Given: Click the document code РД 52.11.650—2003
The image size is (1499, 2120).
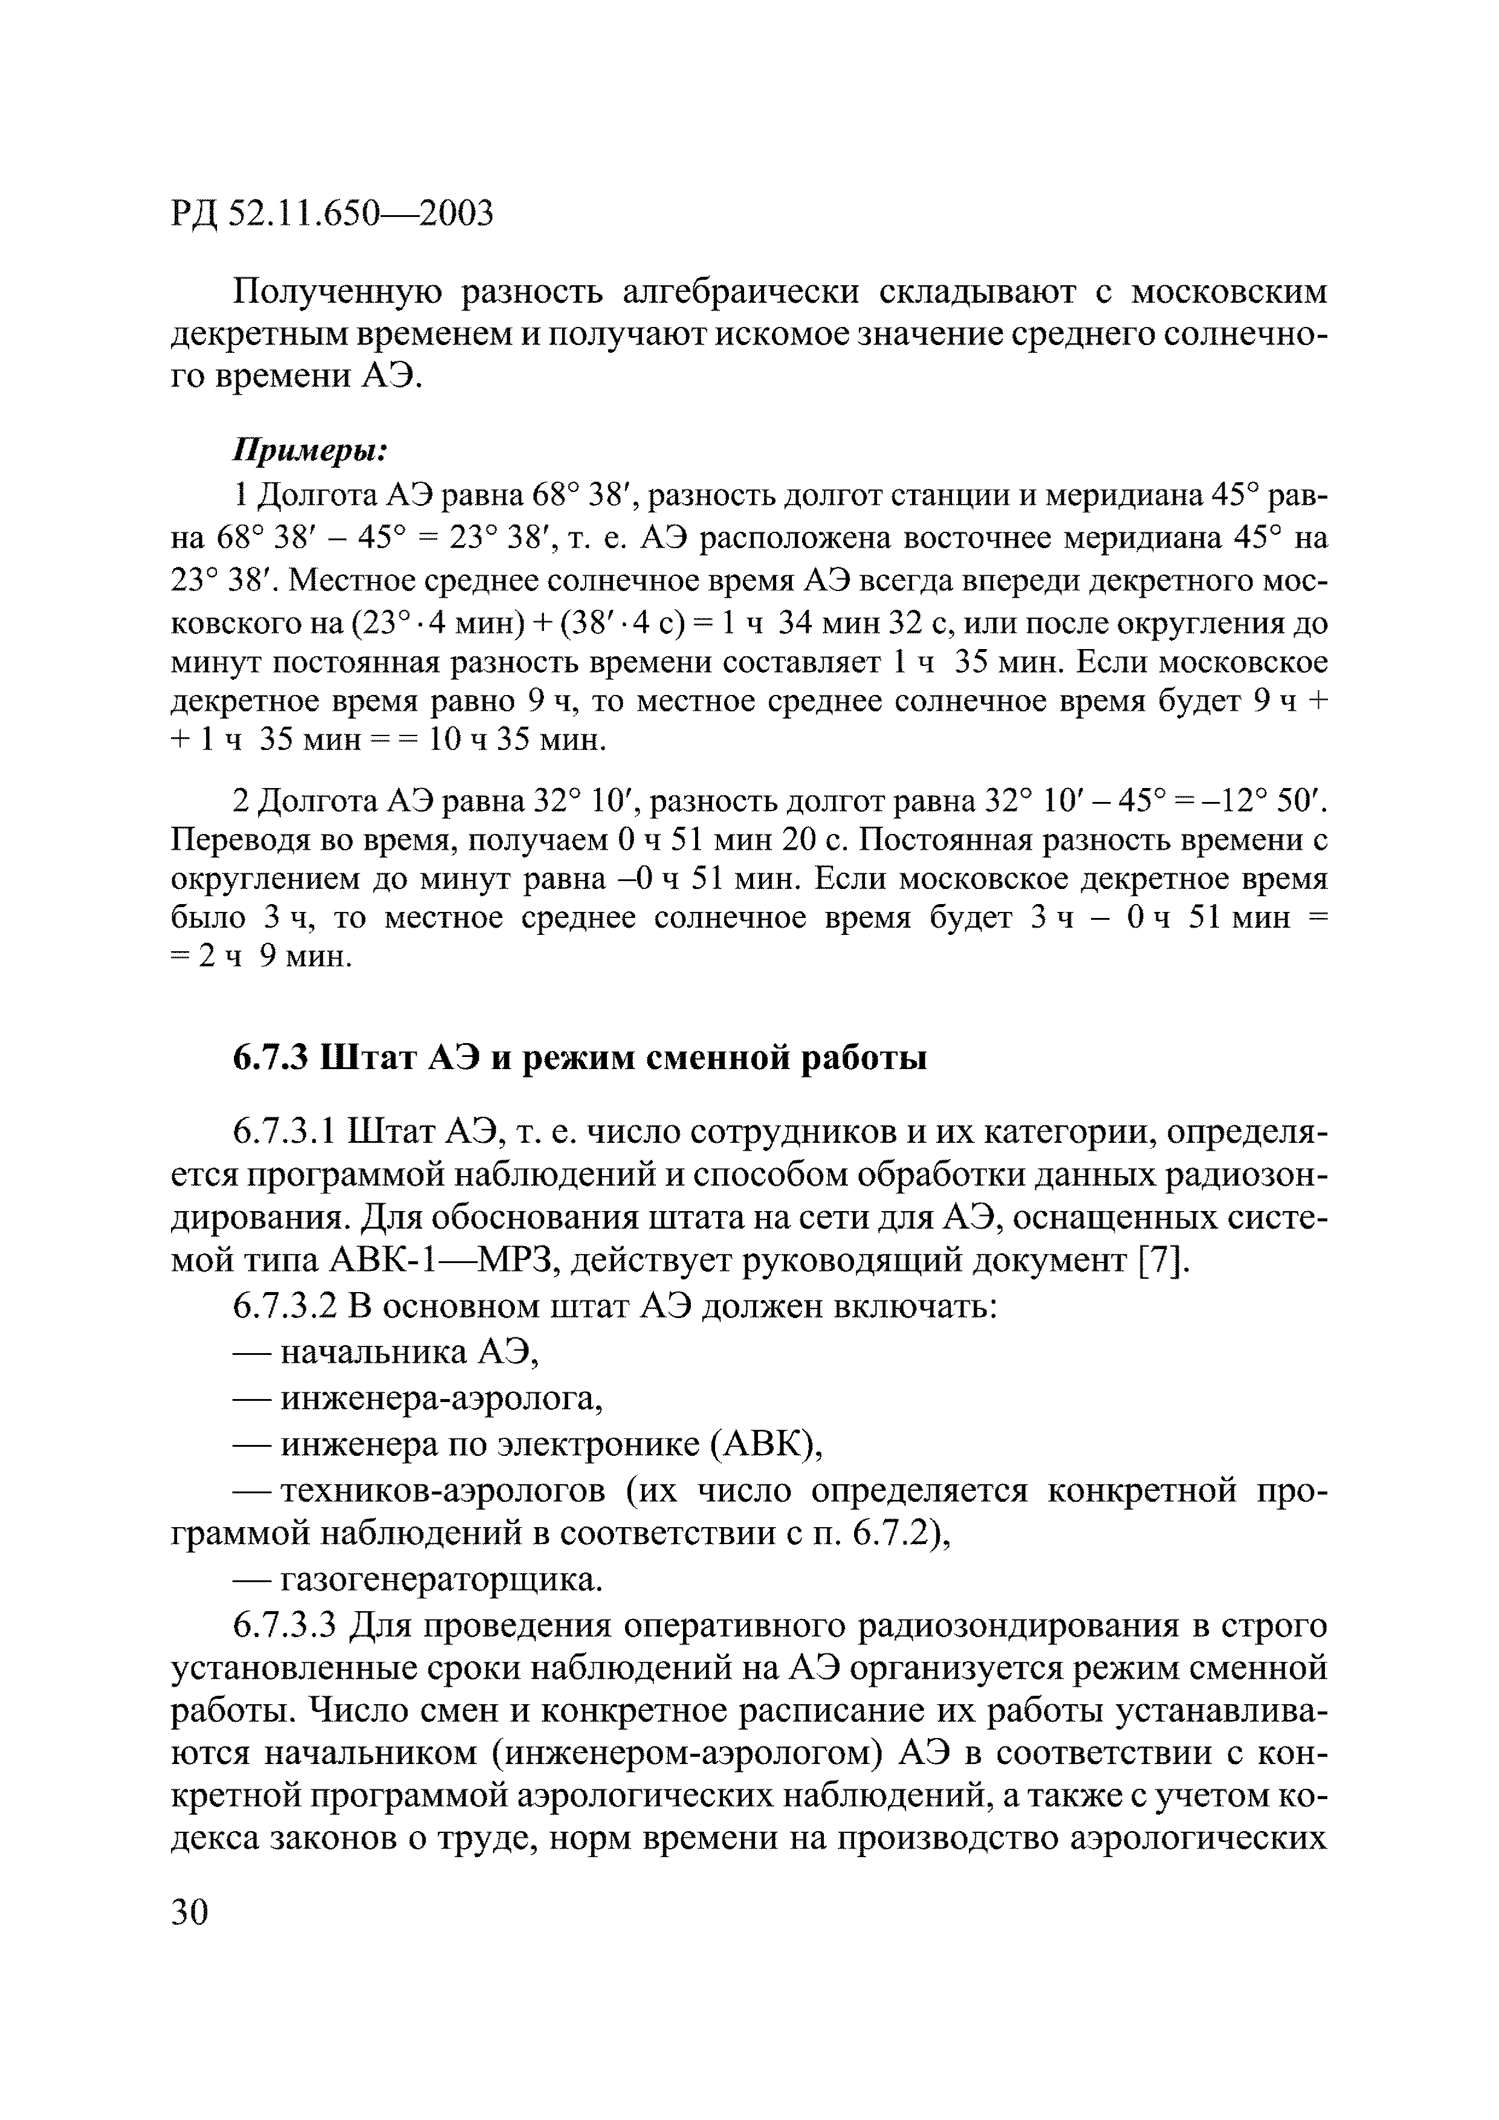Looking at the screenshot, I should pos(332,214).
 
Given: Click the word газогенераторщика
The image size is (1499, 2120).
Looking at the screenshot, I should pos(441,1581).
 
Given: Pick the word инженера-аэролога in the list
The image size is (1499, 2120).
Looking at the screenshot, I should pos(441,1400).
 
